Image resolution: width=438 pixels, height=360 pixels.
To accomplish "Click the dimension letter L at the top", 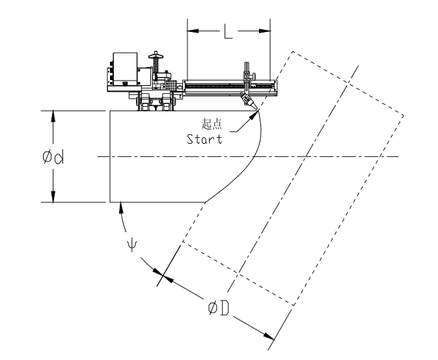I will point(227,33).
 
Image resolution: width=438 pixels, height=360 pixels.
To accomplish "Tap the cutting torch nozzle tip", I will point(250,106).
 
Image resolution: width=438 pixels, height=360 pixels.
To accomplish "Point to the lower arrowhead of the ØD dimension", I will point(271,336).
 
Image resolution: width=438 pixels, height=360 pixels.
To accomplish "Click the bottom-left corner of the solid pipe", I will point(110,202).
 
